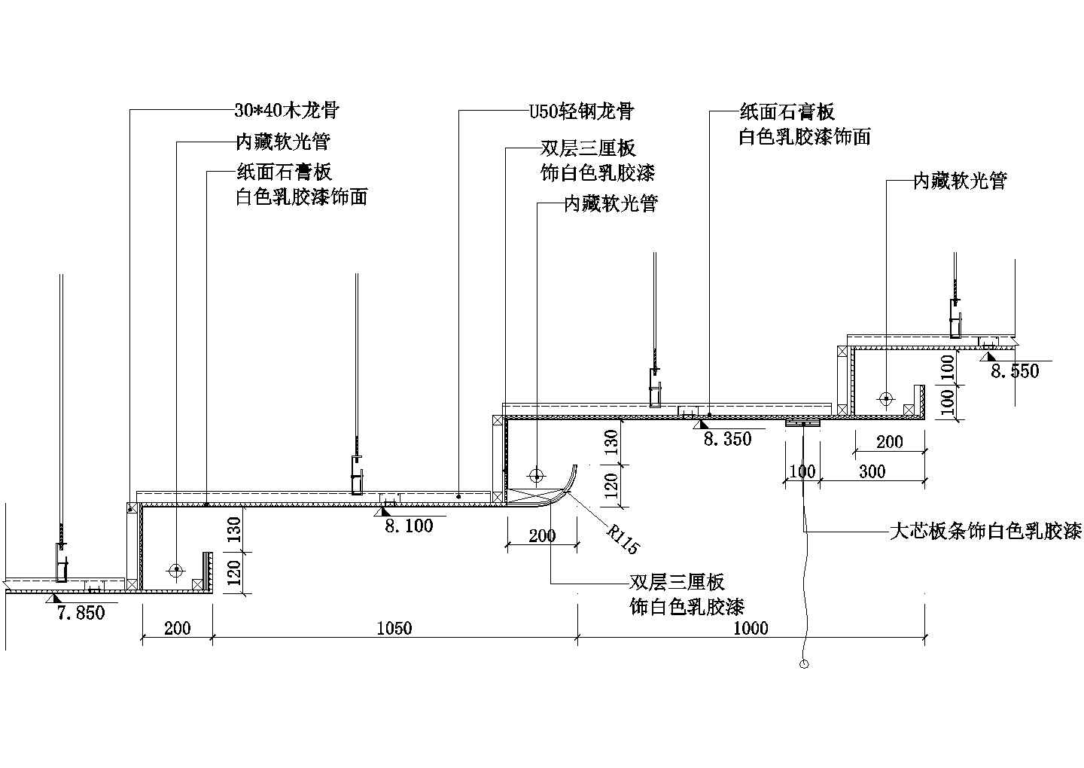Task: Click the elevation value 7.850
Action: (x=81, y=613)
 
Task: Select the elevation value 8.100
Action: (x=409, y=526)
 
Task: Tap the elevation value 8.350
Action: (x=726, y=439)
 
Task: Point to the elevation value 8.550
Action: (x=1014, y=370)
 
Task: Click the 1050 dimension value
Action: (x=394, y=628)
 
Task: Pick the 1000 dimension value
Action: (x=750, y=628)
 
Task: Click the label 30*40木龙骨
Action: (x=286, y=111)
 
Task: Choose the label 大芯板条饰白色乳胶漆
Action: (x=985, y=532)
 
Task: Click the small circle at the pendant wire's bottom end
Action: (x=804, y=664)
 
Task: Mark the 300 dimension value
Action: (x=872, y=472)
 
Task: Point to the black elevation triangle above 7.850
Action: (x=53, y=598)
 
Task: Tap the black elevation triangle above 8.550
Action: (x=987, y=355)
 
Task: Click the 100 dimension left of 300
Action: (x=802, y=472)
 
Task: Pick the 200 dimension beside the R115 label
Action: (x=541, y=535)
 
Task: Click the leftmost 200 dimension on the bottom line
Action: (x=177, y=628)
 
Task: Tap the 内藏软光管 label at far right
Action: (x=959, y=181)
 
